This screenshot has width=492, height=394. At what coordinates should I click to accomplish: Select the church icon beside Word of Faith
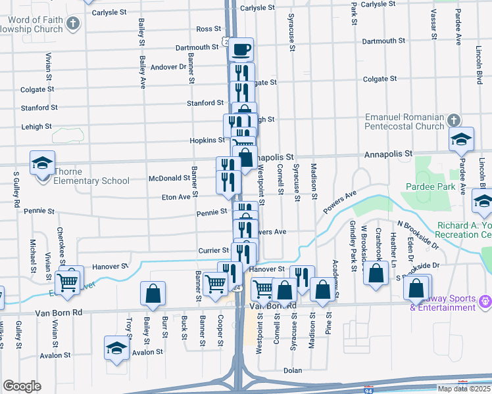pyautogui.click(x=73, y=24)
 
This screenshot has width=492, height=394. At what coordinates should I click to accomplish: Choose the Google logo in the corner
pyautogui.click(x=22, y=385)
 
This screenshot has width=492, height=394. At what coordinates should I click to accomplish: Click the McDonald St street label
pyautogui.click(x=170, y=178)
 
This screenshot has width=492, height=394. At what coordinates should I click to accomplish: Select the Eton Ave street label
pyautogui.click(x=176, y=196)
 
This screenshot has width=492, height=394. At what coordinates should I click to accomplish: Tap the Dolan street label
pyautogui.click(x=292, y=370)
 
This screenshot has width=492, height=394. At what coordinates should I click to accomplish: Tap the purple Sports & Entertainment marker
pyautogui.click(x=485, y=300)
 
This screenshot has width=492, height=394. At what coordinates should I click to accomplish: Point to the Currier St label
pyautogui.click(x=212, y=251)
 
